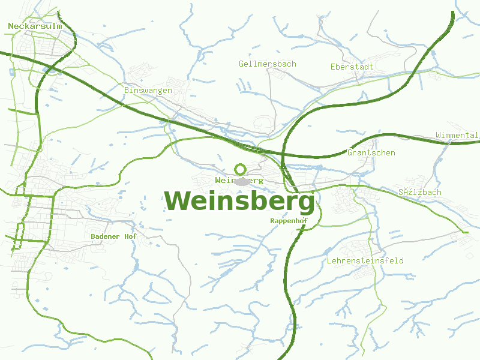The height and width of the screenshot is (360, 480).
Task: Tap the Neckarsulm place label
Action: pyautogui.click(x=35, y=26)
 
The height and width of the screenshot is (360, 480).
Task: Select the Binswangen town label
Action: pyautogui.click(x=148, y=90)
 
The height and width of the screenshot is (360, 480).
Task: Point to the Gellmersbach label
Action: pyautogui.click(x=267, y=64)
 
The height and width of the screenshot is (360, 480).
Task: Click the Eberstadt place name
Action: pyautogui.click(x=352, y=67)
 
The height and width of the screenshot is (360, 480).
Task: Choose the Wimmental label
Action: pyautogui.click(x=457, y=135)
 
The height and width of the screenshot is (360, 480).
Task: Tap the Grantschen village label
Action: pyautogui.click(x=371, y=152)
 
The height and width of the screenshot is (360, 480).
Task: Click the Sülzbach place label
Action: pyautogui.click(x=419, y=192)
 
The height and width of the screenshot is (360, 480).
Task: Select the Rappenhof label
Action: pyautogui.click(x=289, y=221)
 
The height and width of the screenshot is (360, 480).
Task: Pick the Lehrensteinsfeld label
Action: pyautogui.click(x=365, y=260)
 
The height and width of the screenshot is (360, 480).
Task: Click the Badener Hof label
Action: pyautogui.click(x=113, y=236)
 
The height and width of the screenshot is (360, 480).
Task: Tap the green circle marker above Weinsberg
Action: pyautogui.click(x=241, y=169)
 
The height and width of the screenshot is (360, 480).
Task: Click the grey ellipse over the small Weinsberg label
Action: pyautogui.click(x=242, y=181)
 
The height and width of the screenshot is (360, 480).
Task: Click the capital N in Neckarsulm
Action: pyautogui.click(x=11, y=26)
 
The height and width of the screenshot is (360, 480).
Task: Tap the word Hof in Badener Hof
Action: pyautogui.click(x=130, y=236)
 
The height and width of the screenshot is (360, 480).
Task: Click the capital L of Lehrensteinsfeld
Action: pyautogui.click(x=329, y=260)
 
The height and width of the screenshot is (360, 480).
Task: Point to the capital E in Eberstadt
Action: pyautogui.click(x=333, y=67)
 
